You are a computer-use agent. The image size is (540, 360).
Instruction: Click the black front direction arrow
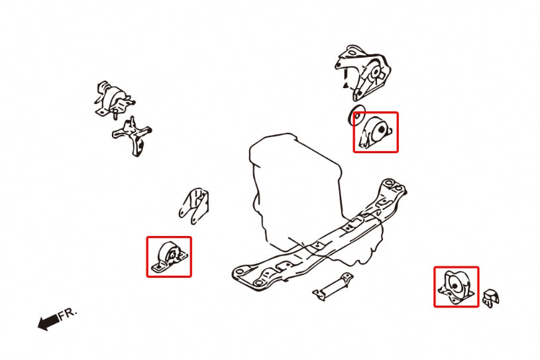coord(46,323)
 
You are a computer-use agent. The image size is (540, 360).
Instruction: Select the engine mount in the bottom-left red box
coord(168,256)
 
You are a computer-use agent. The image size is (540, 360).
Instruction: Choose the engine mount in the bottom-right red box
coord(456,286)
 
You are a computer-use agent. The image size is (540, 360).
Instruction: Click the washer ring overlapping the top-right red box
coord(356,115)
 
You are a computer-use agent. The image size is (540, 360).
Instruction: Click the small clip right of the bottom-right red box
coord(490,298)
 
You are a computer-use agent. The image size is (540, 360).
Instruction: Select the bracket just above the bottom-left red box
coord(194,204)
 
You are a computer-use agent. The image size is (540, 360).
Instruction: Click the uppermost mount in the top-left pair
coord(113,97)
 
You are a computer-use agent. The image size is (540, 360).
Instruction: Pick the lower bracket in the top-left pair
coord(133,137)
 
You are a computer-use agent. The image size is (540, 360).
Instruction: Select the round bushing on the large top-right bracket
coord(375,72)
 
